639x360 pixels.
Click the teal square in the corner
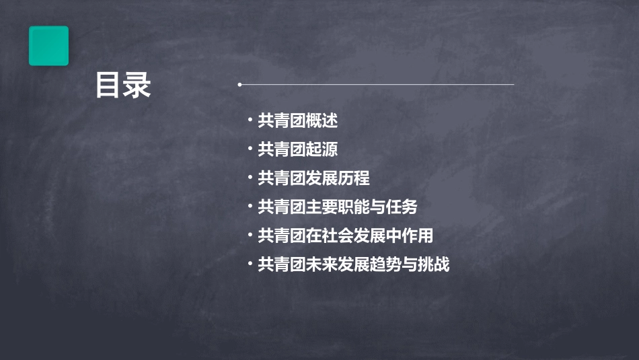pyautogui.click(x=48, y=46)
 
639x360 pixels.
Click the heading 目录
pyautogui.click(x=123, y=85)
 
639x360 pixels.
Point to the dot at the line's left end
pyautogui.click(x=239, y=85)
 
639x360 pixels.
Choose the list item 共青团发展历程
pyautogui.click(x=313, y=178)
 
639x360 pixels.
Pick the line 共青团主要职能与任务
pyautogui.click(x=342, y=207)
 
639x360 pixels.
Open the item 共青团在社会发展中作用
pyautogui.click(x=345, y=236)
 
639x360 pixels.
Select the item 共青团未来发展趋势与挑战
pyautogui.click(x=353, y=265)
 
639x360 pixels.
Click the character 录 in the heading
pyautogui.click(x=137, y=85)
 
